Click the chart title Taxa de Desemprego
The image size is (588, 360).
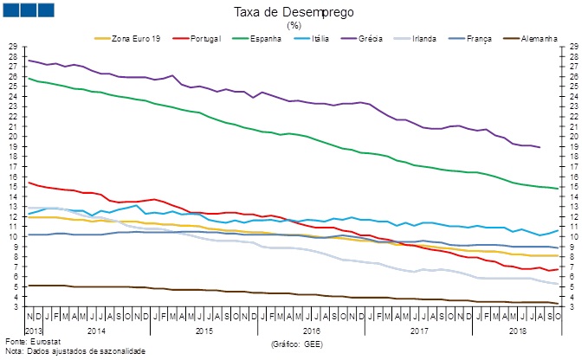point(293,12)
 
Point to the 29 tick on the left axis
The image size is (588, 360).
point(12,47)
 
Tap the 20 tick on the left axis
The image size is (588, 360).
point(12,137)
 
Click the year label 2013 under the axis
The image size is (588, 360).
point(33,331)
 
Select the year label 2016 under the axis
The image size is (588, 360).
point(312,331)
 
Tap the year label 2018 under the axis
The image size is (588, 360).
point(519,331)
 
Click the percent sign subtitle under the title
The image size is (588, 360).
point(293,25)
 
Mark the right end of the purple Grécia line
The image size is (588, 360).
point(540,147)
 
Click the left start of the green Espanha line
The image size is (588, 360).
point(29,78)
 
